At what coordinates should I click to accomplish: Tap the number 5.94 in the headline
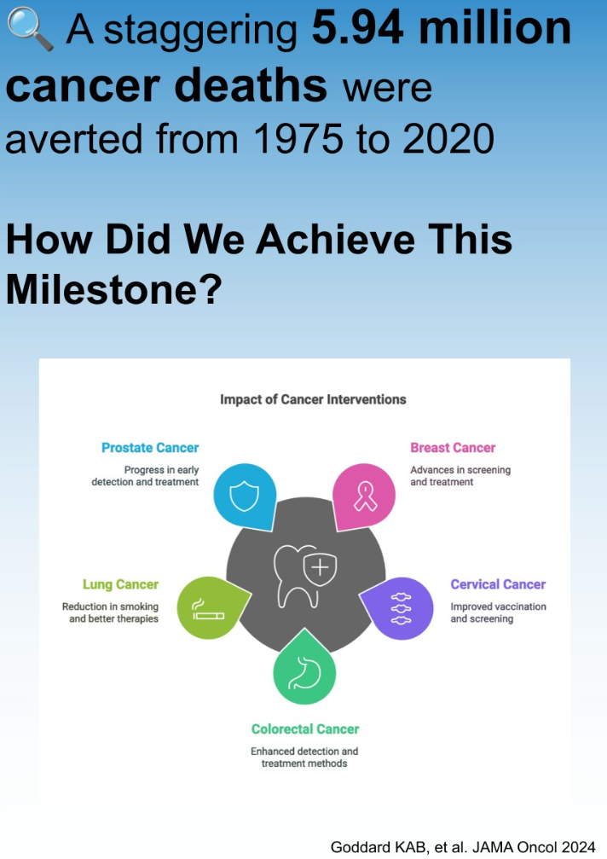[357, 28]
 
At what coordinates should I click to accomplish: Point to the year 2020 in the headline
[448, 138]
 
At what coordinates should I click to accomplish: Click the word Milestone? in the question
[114, 289]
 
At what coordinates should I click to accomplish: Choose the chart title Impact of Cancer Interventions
[313, 399]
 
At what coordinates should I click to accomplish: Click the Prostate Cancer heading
[150, 448]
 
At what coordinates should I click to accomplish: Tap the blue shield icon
[244, 496]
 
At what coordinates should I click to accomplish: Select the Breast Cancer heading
[453, 448]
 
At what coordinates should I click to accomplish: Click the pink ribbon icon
[365, 496]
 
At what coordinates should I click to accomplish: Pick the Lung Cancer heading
[120, 584]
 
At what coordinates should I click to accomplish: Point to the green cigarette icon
[208, 609]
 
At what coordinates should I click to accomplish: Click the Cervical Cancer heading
[498, 584]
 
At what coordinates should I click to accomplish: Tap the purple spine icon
[402, 608]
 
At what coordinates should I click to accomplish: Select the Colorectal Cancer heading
[305, 729]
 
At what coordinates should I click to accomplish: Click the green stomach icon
[304, 672]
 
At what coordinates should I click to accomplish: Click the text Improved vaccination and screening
[498, 612]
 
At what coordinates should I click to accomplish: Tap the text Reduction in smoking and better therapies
[110, 612]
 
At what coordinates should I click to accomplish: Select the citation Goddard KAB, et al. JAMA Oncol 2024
[463, 847]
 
